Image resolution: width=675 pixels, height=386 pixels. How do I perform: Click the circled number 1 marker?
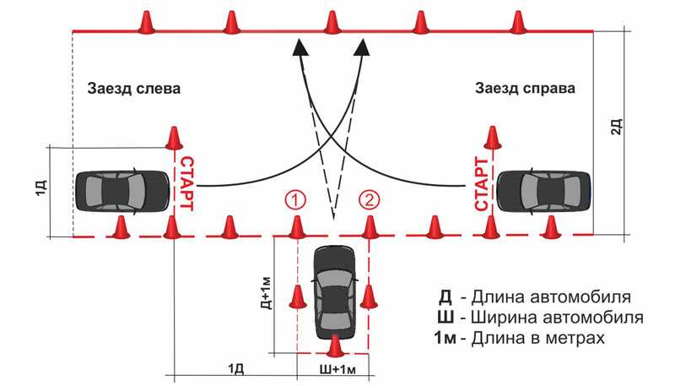point(296,201)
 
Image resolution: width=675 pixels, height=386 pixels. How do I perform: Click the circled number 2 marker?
point(369,201)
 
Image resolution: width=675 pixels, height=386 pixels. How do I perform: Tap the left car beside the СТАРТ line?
point(122,191)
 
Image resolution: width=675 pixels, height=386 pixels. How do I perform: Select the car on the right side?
point(544,191)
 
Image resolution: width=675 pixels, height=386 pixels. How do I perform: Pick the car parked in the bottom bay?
point(335,292)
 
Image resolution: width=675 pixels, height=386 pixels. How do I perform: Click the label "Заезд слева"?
point(134,89)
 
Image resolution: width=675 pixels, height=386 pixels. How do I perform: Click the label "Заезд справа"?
point(525,89)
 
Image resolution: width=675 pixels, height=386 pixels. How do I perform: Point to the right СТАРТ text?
point(482,183)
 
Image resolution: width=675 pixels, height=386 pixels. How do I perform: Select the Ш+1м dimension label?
point(337,370)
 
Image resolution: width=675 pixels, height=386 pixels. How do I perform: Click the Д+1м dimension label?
point(267,293)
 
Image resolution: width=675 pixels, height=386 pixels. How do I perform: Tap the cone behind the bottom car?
point(334,345)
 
